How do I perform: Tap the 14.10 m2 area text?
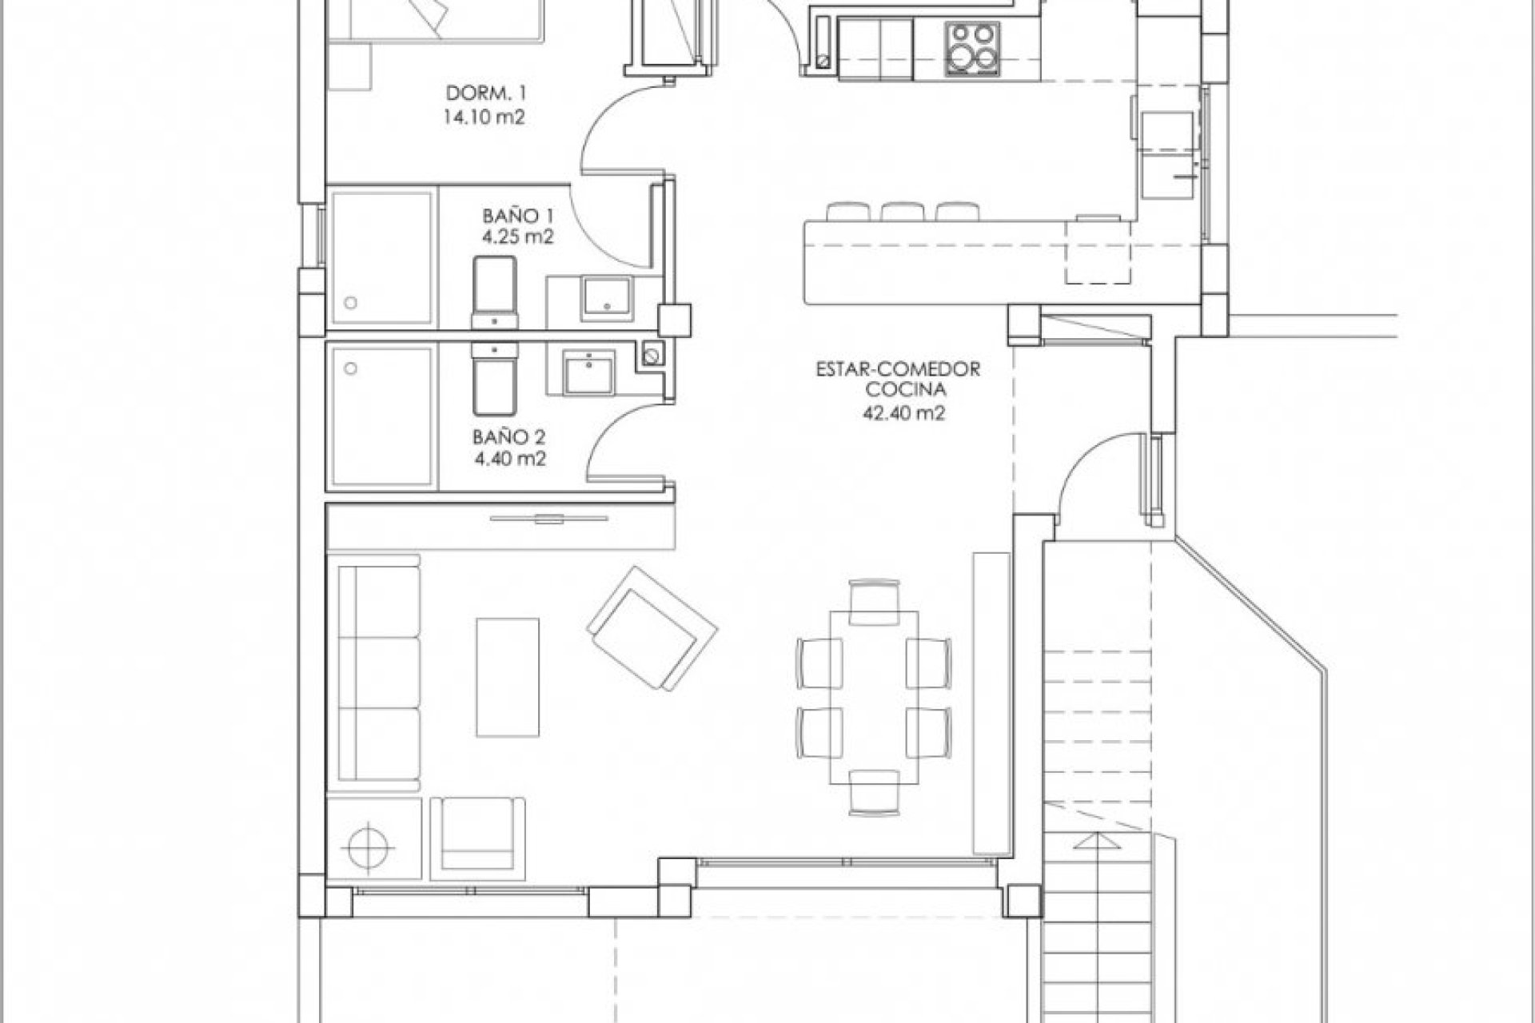tap(484, 118)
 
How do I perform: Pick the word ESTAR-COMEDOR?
tap(898, 370)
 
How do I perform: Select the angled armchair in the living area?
tap(652, 628)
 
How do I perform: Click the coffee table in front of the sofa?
tap(508, 676)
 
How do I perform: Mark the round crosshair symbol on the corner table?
tap(369, 843)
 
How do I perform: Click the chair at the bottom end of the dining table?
tap(874, 793)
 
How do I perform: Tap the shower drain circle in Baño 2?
tap(350, 368)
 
